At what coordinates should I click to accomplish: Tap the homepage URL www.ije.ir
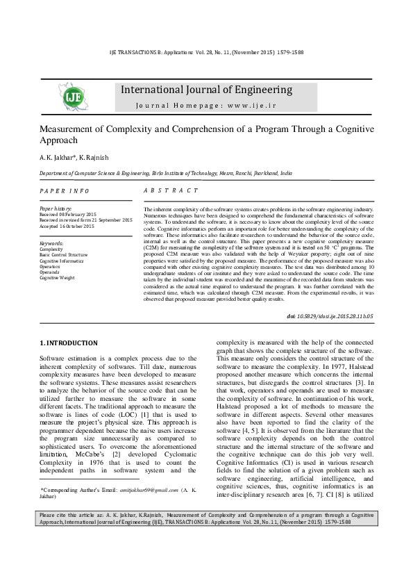click(249, 105)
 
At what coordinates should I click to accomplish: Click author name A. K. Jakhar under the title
click(58, 158)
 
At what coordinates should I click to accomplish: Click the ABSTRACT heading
click(170, 190)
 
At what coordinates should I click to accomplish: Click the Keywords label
click(52, 243)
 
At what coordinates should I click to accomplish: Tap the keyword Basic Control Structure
click(64, 255)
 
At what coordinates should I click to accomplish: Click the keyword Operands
click(50, 272)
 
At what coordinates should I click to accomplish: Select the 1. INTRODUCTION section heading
click(68, 343)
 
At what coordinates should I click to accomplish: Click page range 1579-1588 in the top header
click(287, 52)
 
